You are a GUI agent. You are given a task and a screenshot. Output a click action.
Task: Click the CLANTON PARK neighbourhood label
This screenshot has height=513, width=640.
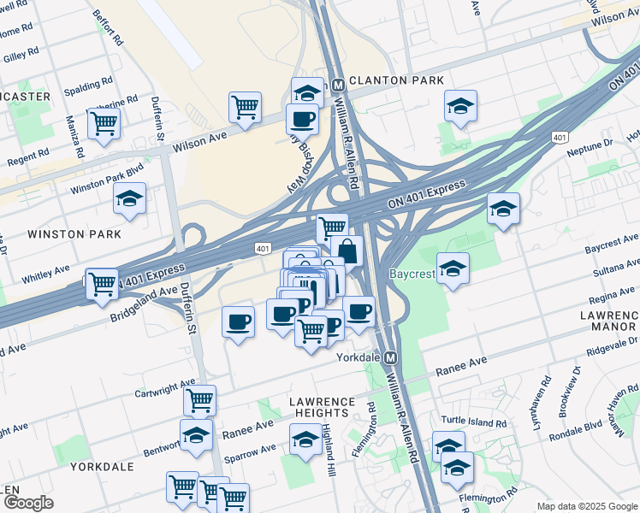click(x=395, y=80)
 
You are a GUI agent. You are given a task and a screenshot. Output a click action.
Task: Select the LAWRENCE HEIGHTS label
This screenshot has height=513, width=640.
click(x=321, y=407)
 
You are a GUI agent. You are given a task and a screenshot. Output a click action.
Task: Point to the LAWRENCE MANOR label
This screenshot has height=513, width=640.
click(x=607, y=321)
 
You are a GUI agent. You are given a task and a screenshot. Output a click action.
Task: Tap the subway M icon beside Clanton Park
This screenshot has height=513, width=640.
click(x=339, y=85)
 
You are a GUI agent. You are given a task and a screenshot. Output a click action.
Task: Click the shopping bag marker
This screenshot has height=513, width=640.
click(x=347, y=251)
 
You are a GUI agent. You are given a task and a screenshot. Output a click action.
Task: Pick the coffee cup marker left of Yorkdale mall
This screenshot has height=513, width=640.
click(x=238, y=321)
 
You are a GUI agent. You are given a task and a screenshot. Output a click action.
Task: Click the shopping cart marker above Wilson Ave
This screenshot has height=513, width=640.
click(x=245, y=107)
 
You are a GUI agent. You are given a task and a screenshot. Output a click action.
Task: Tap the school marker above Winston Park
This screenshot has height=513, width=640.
click(x=129, y=198)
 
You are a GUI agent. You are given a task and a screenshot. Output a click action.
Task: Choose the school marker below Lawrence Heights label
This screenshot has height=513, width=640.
click(x=305, y=439)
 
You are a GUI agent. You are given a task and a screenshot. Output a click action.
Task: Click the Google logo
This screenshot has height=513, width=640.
click(x=28, y=503)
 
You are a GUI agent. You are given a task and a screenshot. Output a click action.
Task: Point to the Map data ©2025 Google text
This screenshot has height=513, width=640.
click(x=586, y=506)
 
